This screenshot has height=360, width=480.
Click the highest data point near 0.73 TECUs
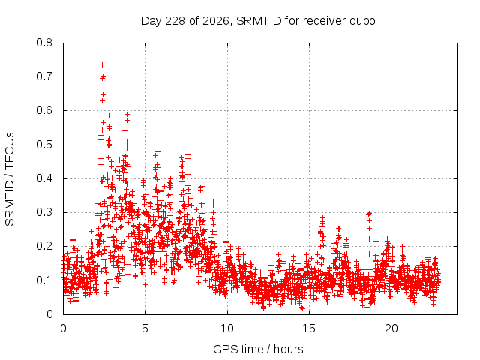[x=102, y=65]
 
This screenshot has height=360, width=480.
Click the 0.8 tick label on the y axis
[x=44, y=43]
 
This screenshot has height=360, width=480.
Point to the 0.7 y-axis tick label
[x=44, y=76]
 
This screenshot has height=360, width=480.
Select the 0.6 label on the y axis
[x=44, y=110]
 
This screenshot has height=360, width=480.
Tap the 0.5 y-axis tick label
[x=44, y=145]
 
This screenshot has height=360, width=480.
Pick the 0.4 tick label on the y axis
[x=44, y=178]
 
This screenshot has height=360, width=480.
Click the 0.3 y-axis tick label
[x=44, y=212]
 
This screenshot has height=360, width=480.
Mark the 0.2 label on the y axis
[x=44, y=246]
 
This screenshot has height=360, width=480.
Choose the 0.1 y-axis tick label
[x=44, y=280]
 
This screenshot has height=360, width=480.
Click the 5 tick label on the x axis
[x=145, y=328]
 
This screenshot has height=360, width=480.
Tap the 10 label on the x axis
[x=227, y=328]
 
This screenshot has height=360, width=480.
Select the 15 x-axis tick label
[x=309, y=328]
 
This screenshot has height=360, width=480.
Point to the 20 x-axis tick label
[x=391, y=328]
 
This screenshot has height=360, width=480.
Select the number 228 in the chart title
[x=175, y=21]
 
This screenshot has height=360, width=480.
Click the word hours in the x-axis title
[x=288, y=349]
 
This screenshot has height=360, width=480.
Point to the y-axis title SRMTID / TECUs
[x=10, y=179]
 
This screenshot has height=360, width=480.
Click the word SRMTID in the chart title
[x=259, y=21]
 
